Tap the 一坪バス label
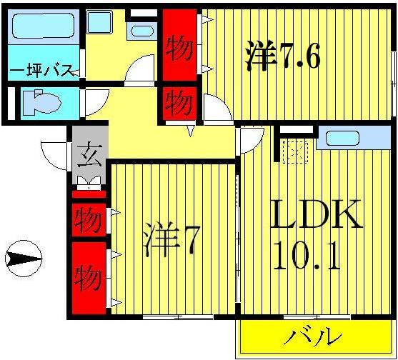(x=41, y=70)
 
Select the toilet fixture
(x=39, y=103)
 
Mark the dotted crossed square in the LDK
(x=294, y=151)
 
